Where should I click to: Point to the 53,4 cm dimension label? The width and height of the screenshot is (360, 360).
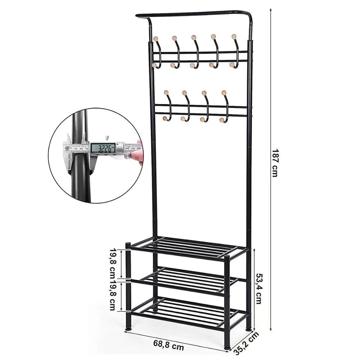tap(258, 288)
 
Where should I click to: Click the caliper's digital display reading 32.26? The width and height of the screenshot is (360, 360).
tap(103, 147)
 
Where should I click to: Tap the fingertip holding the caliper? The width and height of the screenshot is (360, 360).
tap(136, 156)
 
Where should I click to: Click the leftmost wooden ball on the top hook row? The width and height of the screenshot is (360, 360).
tap(156, 39)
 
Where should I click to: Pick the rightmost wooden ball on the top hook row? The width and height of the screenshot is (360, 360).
tap(234, 36)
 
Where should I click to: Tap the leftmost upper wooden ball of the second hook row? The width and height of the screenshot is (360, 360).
tap(166, 93)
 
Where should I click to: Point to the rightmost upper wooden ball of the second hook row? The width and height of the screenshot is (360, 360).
tap(224, 93)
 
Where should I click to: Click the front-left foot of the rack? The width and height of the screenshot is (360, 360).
tap(129, 329)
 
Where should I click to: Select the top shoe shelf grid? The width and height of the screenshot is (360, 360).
tap(187, 247)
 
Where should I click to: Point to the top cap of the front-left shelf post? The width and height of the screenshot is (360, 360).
tap(128, 245)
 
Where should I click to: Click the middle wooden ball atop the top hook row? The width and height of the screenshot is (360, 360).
tap(194, 37)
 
